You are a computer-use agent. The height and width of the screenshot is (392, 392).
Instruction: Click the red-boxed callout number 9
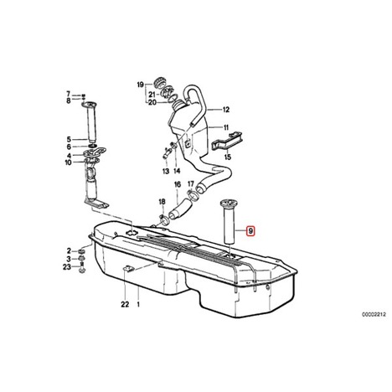click(x=250, y=231)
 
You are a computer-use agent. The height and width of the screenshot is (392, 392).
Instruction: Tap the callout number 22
click(x=125, y=304)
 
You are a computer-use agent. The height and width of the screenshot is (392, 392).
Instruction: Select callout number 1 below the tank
click(x=138, y=304)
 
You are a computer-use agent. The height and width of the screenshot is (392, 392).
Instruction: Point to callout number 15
click(x=228, y=157)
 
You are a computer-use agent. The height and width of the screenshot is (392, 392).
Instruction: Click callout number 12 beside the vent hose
click(x=226, y=110)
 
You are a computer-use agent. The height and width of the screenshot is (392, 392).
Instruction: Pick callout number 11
click(x=226, y=127)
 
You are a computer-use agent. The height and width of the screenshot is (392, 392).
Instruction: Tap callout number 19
click(x=141, y=85)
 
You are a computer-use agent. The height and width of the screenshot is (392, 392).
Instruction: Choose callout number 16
click(x=178, y=184)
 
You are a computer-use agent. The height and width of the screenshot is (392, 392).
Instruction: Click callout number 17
click(x=191, y=184)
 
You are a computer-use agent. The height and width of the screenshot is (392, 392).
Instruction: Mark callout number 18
click(x=162, y=202)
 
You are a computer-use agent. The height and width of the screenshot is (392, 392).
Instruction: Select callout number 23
click(x=67, y=267)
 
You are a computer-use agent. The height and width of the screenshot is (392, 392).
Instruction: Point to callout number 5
click(x=69, y=139)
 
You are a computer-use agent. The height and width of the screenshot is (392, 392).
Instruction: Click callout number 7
click(x=69, y=94)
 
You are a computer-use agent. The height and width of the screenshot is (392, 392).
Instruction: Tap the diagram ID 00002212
click(x=374, y=315)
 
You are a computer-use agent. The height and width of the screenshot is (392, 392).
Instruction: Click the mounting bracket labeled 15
click(x=228, y=141)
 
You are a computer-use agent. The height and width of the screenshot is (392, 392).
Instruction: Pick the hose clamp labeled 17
click(x=193, y=195)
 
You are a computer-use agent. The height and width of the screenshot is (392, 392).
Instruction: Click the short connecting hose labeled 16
click(x=180, y=209)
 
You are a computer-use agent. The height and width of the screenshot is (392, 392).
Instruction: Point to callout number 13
click(x=166, y=171)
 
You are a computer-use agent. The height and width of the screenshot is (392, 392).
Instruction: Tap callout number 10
click(x=68, y=162)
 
